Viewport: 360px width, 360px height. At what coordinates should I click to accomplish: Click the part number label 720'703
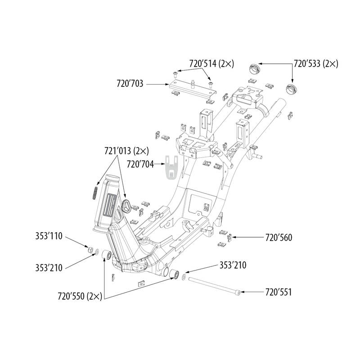(x=130, y=83)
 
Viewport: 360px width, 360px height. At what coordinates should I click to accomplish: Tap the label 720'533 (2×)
(x=315, y=64)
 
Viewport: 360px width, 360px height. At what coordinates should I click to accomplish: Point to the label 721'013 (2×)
(x=127, y=150)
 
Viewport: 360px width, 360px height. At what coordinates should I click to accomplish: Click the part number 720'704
(x=140, y=165)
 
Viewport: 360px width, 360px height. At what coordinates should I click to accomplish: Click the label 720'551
(x=279, y=292)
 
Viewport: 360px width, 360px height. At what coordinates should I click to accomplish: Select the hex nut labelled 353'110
(x=89, y=249)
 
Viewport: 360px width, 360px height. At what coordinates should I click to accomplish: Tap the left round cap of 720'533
(x=255, y=70)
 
